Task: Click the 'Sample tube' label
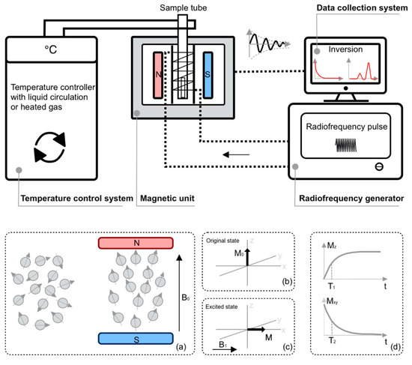[x=178, y=7]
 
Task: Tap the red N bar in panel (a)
[x=136, y=244]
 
